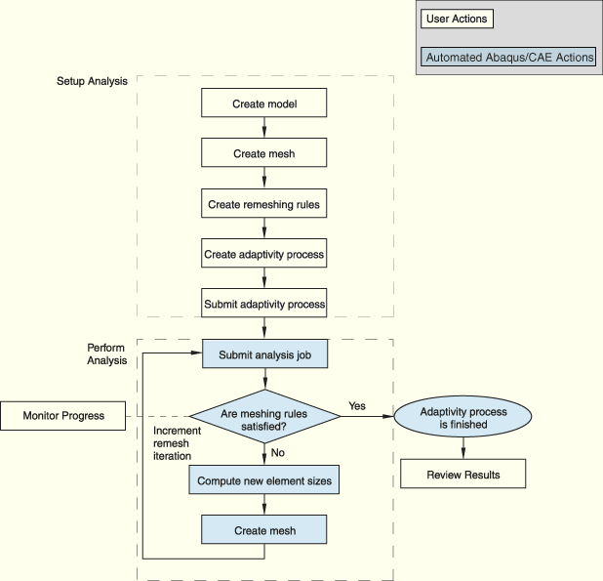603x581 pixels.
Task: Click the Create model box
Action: tap(263, 103)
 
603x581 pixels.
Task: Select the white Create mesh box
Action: tap(263, 152)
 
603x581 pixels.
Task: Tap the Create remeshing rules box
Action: tap(263, 203)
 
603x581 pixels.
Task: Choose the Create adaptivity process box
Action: tap(263, 253)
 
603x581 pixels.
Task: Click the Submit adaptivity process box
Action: tap(263, 303)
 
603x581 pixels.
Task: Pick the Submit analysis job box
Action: tap(265, 353)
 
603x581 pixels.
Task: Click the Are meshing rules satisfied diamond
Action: tap(264, 416)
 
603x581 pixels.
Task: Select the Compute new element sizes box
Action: tap(263, 479)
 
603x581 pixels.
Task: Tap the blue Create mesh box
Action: tap(263, 529)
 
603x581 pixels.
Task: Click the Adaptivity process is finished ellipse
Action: tap(463, 417)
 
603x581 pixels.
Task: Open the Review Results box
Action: tap(463, 474)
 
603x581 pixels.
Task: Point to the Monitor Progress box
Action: tap(62, 416)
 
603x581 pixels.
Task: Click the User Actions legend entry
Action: tap(457, 19)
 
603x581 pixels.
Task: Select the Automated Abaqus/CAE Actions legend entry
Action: tap(508, 57)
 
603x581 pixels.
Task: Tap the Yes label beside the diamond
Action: tap(357, 406)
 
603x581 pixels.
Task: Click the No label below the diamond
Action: tap(278, 452)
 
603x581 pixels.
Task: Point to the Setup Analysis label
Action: tap(92, 81)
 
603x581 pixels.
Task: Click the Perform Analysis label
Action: tap(106, 354)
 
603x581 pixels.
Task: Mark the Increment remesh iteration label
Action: tap(177, 443)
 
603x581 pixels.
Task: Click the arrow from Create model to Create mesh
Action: tap(264, 127)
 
